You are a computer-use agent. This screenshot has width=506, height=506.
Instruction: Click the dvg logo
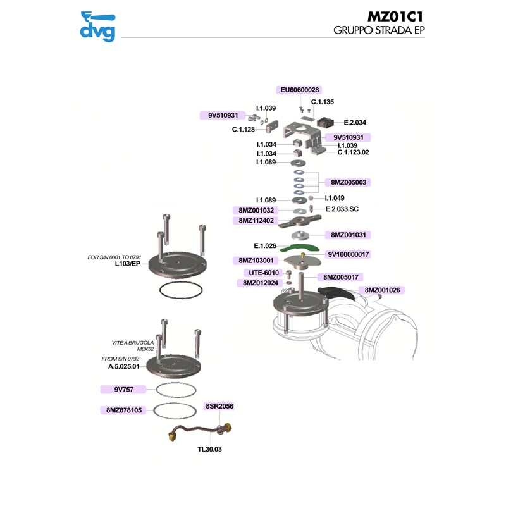[97, 26]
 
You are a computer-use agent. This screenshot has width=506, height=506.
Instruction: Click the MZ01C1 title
[395, 16]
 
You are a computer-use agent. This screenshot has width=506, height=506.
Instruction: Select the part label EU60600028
[300, 90]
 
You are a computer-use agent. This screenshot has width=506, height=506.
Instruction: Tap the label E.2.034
[355, 122]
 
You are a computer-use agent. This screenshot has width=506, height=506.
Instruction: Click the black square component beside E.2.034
[328, 121]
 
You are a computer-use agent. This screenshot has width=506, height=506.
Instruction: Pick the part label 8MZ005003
[347, 182]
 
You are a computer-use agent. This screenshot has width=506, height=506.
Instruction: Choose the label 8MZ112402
[254, 221]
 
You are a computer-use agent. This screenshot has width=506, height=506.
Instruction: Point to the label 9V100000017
[349, 254]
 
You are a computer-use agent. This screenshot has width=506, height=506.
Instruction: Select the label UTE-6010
[261, 273]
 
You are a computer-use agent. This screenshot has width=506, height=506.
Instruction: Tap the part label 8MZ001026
[385, 290]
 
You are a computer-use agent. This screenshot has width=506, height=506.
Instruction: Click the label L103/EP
[126, 264]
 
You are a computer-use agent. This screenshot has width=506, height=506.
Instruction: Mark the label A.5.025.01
[123, 366]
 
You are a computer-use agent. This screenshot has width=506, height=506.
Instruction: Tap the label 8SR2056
[219, 406]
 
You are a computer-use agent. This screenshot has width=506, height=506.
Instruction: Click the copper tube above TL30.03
[196, 433]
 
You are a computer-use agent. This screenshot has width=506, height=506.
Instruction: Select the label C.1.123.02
[353, 152]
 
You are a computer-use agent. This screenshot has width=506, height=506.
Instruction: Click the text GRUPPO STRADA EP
[378, 30]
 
